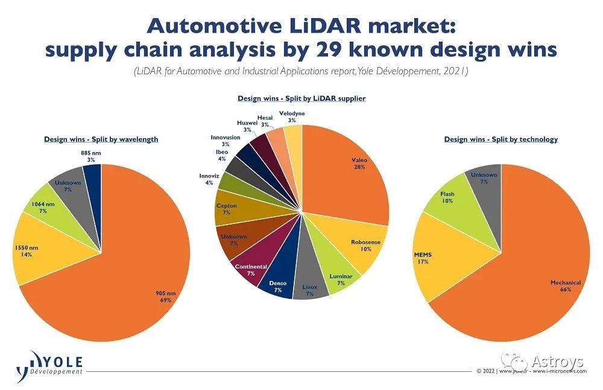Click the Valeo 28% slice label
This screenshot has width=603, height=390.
pyautogui.click(x=359, y=164)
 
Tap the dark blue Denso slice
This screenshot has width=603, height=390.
pyautogui.click(x=278, y=285)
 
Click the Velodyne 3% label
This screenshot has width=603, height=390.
pyautogui.click(x=292, y=117)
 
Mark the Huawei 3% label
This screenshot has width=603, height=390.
pyautogui.click(x=248, y=126)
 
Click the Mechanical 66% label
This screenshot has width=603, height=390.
pyautogui.click(x=565, y=286)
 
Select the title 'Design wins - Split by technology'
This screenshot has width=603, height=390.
pyautogui.click(x=500, y=139)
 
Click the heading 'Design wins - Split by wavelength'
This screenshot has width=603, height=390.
pyautogui.click(x=101, y=139)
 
